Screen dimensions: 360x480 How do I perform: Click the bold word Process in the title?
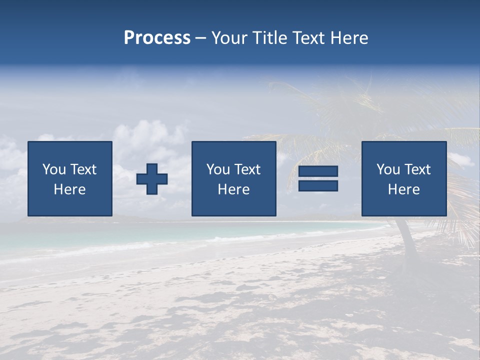(x=157, y=38)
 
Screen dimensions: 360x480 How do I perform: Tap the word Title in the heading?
(x=269, y=38)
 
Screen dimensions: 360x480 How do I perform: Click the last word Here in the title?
(x=349, y=38)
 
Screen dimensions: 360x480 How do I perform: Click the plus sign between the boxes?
(x=152, y=178)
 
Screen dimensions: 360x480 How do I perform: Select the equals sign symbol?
(x=318, y=178)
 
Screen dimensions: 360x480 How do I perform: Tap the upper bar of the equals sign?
(x=318, y=171)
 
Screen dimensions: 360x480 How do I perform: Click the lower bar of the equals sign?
(x=318, y=186)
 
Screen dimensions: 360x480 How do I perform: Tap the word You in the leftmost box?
(x=54, y=169)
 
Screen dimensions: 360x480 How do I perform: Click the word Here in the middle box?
(x=234, y=189)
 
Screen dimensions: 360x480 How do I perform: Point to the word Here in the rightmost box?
(x=404, y=189)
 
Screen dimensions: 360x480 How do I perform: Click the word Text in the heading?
(x=308, y=38)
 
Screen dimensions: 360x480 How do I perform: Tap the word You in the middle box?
(x=218, y=169)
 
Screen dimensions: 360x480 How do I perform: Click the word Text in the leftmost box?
(x=83, y=169)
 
